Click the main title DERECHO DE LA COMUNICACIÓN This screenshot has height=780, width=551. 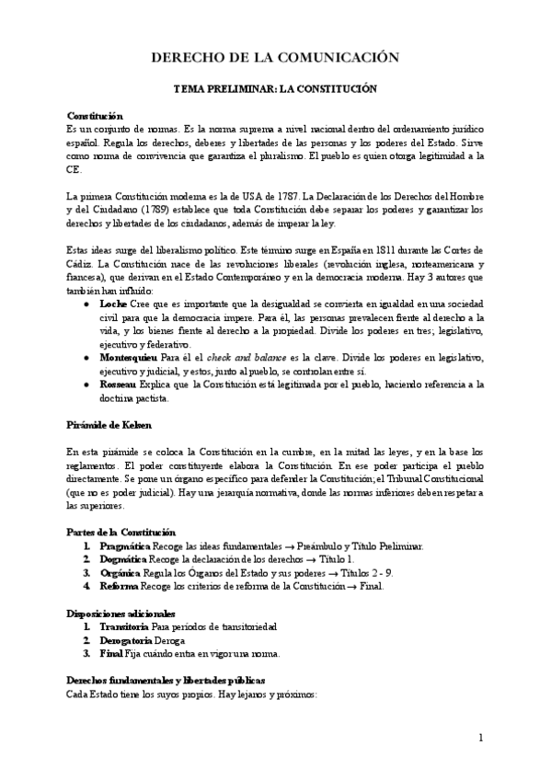click(x=275, y=58)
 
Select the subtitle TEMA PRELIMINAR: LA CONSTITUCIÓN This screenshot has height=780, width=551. click(x=275, y=92)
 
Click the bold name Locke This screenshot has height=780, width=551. click(x=113, y=303)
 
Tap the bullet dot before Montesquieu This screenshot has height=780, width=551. click(x=86, y=357)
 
